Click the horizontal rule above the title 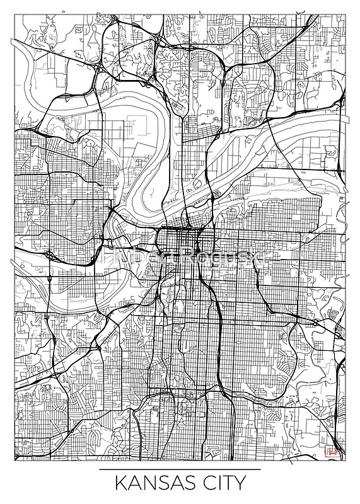(x=180, y=470)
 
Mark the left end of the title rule (x=100, y=470)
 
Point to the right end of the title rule (x=260, y=470)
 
